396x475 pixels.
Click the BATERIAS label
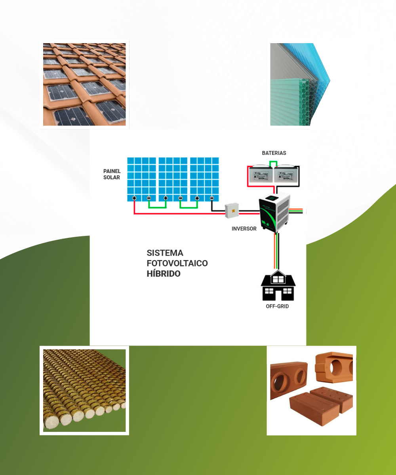click(274, 153)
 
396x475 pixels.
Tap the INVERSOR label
click(244, 229)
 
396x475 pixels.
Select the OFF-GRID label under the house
click(277, 306)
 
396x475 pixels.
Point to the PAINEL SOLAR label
click(112, 174)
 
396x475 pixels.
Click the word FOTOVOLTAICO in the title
click(177, 263)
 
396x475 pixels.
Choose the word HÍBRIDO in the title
click(164, 274)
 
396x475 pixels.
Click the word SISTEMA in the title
click(165, 253)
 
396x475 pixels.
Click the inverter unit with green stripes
click(275, 213)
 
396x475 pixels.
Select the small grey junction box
click(232, 211)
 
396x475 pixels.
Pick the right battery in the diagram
click(286, 174)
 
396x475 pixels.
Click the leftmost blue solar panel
click(141, 179)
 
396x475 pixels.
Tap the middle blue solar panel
click(173, 179)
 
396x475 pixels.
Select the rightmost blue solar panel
click(204, 179)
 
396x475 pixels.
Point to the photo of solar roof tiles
click(84, 84)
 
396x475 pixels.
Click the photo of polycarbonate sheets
click(300, 84)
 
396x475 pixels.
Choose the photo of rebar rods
click(84, 390)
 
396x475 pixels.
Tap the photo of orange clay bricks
click(311, 391)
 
